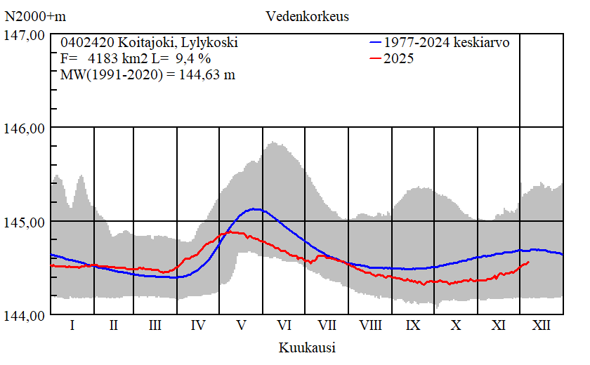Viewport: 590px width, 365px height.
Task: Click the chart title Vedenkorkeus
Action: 307,15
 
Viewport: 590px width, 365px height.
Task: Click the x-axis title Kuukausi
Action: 307,347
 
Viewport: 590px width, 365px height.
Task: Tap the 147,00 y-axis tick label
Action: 25,34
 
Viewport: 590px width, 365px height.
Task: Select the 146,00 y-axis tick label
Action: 25,128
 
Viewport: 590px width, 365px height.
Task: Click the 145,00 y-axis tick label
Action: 25,222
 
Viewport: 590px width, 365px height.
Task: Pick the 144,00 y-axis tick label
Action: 25,315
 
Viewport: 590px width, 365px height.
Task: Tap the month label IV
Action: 198,326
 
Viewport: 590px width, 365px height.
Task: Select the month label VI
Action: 284,326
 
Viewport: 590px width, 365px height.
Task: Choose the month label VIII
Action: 370,326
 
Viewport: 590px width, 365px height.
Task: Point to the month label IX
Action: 413,326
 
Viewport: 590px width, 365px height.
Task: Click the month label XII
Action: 542,326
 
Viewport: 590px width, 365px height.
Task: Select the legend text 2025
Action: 399,59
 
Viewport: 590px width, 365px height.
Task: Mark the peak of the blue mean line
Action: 256,208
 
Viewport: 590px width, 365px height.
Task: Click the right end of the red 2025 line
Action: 528,262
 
